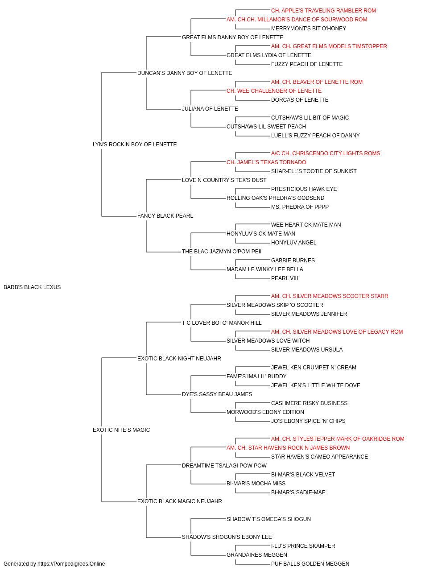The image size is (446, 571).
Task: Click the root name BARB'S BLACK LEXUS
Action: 32,287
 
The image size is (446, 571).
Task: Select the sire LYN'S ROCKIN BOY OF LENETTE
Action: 135,145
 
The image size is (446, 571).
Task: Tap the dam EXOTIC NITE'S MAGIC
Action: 121,430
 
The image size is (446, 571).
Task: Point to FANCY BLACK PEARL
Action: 165,216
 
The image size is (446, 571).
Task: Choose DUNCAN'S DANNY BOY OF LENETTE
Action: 185,73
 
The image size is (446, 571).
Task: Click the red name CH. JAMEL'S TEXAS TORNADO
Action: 266,162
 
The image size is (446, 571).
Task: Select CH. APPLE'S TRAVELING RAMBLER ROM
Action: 324,11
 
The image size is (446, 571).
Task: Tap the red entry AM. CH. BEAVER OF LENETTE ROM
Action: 317,82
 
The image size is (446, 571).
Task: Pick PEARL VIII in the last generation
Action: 285,278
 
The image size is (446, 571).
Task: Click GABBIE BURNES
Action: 293,261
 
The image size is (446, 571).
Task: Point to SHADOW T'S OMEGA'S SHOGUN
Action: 268,519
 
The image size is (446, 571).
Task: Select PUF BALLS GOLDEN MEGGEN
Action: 310,564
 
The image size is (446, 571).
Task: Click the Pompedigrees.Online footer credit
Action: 54,564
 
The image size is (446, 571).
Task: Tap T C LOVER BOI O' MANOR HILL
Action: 222,323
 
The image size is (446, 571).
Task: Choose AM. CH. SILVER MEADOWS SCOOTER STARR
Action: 330,296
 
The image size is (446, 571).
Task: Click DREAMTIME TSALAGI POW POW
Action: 224,466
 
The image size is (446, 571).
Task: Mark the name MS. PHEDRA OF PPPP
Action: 300,207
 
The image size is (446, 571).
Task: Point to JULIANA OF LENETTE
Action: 210,109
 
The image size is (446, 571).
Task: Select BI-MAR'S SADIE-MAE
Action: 298,492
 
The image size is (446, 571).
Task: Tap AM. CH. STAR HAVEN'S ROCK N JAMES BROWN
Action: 288,448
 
